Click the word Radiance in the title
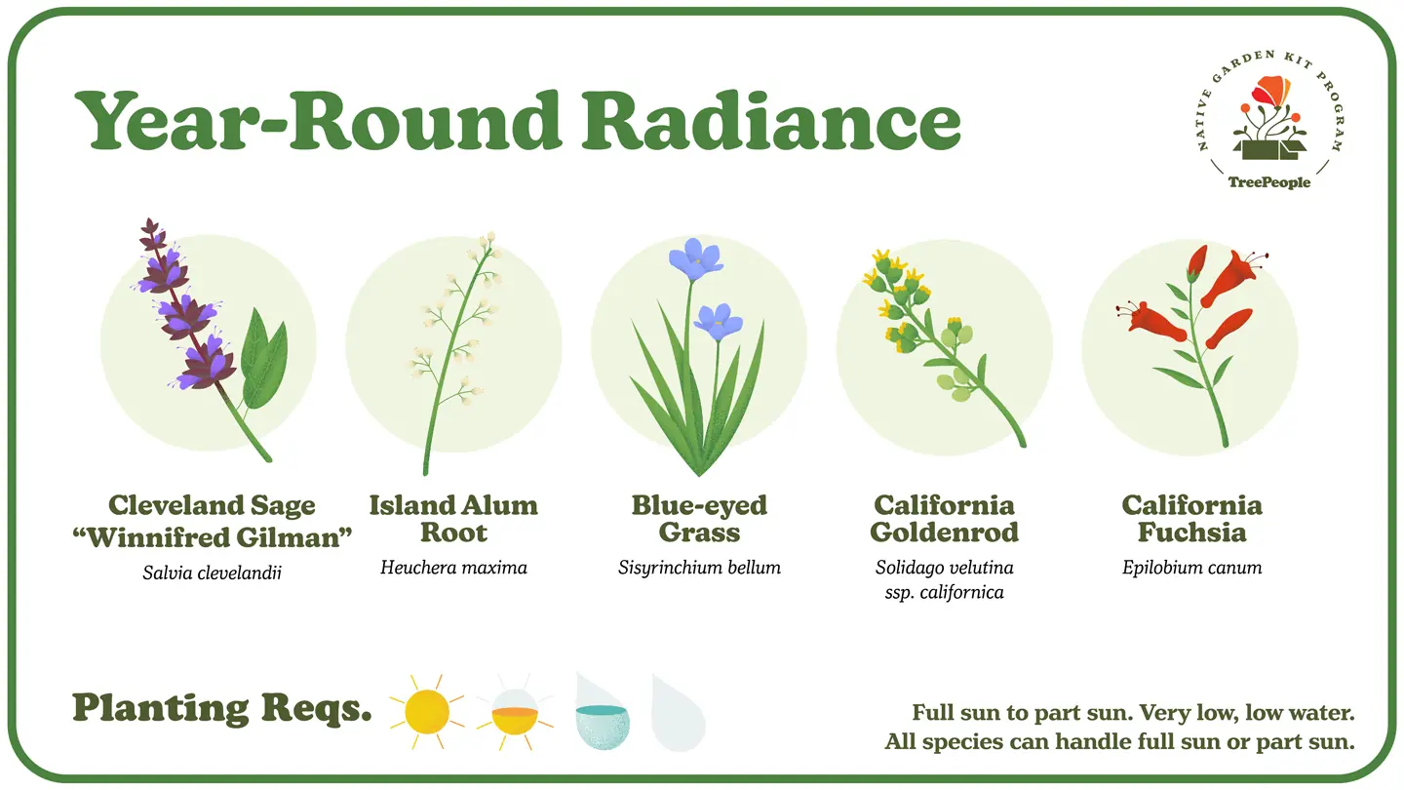[771, 120]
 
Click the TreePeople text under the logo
[1269, 182]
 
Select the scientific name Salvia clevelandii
[212, 573]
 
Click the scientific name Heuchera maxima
[453, 568]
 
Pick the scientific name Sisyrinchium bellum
[699, 568]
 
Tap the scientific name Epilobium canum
[1191, 568]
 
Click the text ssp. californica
[945, 593]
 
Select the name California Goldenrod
[945, 519]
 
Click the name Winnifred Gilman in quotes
[212, 537]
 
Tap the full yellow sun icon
[427, 712]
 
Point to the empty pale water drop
[679, 715]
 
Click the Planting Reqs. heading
[222, 709]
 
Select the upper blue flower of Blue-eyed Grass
[696, 258]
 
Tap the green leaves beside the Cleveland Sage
[264, 359]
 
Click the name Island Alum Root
[453, 519]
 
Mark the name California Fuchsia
[1191, 519]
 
